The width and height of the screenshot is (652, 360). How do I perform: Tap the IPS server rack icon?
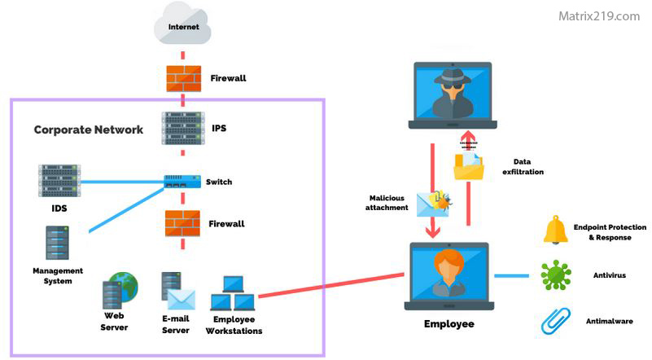coord(182,129)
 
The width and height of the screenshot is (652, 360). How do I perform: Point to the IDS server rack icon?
coord(59,181)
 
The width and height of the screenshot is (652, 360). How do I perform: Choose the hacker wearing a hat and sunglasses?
coord(452,91)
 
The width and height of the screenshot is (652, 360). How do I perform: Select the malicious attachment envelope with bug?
coord(431,204)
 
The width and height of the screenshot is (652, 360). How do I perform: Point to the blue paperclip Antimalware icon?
coord(555,322)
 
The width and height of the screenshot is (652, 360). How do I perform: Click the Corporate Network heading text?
coord(88,130)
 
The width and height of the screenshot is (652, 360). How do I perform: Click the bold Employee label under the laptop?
coord(449,324)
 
